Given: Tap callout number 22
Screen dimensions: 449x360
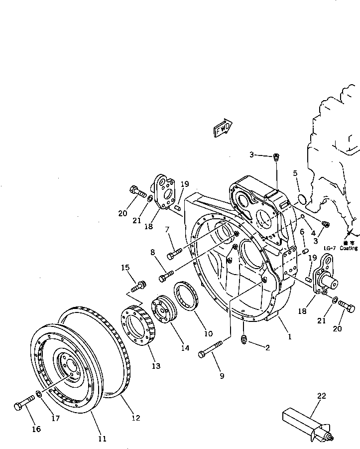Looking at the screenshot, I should point(322,397).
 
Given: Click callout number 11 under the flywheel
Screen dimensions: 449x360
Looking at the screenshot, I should point(102,439).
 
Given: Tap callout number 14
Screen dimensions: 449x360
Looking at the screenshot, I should point(185,348).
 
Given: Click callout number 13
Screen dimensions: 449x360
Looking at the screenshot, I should point(156,366).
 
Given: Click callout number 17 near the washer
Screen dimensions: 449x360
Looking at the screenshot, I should point(55,419).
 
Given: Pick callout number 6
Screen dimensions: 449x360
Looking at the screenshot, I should point(302,231).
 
